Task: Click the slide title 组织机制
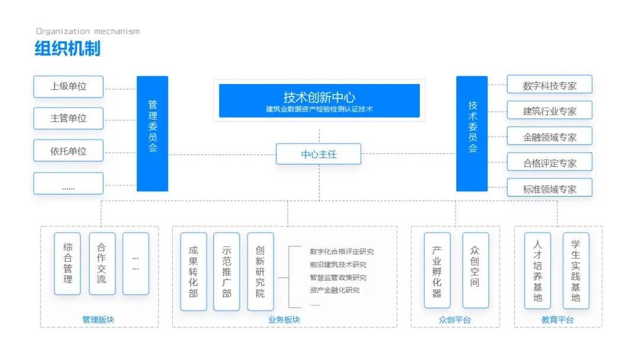coord(67,49)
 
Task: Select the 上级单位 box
coord(69,86)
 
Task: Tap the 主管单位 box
coord(69,118)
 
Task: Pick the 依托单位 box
coord(69,151)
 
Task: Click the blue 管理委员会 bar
coord(153,133)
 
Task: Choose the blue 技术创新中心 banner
coord(319,101)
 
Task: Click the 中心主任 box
coord(318,154)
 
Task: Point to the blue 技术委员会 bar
coord(472,133)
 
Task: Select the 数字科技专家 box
coord(549,85)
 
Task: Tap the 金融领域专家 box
coord(549,137)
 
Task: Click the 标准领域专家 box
coord(549,189)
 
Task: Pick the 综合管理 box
coord(67,263)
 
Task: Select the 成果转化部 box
coord(193,271)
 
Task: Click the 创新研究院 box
coord(260,271)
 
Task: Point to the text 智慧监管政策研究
coord(338,277)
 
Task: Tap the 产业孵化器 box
coord(437,270)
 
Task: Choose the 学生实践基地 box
coord(575,270)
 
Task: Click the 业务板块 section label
coord(284,320)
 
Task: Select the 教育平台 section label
coord(557,320)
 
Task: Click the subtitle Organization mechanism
coord(88,31)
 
